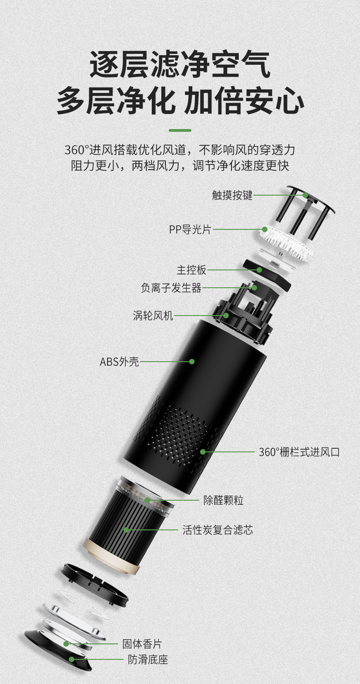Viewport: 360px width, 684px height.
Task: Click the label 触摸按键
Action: [x=232, y=195]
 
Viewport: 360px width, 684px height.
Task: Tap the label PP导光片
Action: [x=190, y=229]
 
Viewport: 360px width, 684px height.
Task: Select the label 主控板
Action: [x=191, y=270]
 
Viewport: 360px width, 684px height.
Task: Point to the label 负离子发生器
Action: [x=171, y=288]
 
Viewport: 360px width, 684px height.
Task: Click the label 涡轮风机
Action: [x=153, y=316]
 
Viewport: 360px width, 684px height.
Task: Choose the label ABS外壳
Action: [x=119, y=362]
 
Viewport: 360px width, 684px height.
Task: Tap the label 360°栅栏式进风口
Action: [x=299, y=451]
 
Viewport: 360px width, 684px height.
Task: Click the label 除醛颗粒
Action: [x=223, y=500]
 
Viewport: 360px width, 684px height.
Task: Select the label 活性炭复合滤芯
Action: [x=218, y=530]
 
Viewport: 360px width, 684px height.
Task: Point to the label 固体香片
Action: [x=142, y=644]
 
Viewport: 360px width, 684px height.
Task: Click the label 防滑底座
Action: [x=148, y=660]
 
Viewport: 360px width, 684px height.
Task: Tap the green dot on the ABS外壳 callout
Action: [x=192, y=362]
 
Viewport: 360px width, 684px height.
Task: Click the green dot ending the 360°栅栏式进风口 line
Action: [x=203, y=451]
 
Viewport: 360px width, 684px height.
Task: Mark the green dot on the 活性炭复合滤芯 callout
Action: [x=126, y=530]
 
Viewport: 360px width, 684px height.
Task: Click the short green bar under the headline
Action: [x=180, y=130]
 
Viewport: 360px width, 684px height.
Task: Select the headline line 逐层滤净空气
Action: [x=180, y=64]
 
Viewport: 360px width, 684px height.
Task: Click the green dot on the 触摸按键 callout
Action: [x=305, y=195]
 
